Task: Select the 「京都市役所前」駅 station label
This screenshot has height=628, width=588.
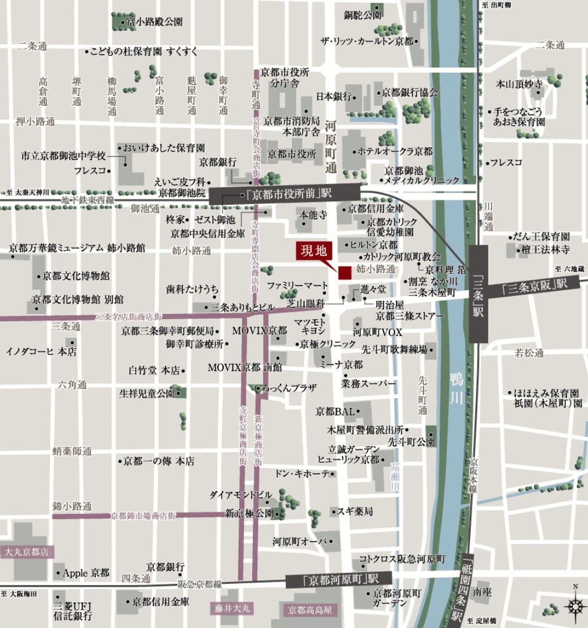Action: (284, 194)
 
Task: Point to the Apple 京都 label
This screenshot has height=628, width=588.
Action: (85, 573)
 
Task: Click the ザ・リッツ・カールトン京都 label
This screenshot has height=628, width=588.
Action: (367, 41)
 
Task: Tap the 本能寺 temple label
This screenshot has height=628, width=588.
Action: (313, 215)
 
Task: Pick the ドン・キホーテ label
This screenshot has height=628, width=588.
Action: (302, 473)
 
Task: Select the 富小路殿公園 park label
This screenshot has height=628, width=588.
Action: (154, 22)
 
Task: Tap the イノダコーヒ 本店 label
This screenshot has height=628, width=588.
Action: (41, 351)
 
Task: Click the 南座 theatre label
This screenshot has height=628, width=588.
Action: (482, 592)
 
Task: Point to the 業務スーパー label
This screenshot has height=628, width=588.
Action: (369, 384)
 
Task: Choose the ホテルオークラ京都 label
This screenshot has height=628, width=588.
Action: (395, 151)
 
